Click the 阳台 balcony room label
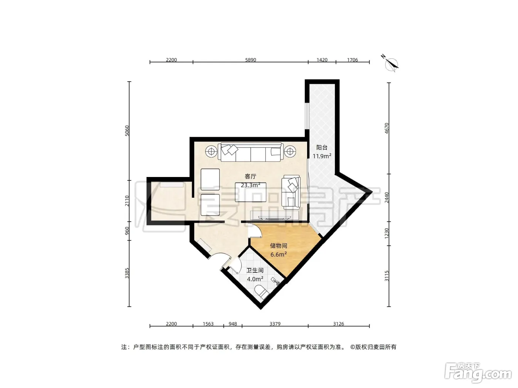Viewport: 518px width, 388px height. tap(322, 148)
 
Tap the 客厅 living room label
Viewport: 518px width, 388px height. tap(250, 177)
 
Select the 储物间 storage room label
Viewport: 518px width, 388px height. tap(279, 246)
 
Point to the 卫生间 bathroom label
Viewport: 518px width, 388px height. tap(255, 270)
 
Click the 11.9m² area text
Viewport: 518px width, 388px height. tap(322, 156)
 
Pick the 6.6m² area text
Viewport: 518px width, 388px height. tap(279, 255)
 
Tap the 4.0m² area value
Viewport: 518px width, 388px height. tap(255, 279)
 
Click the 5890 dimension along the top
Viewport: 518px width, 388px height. tap(250, 60)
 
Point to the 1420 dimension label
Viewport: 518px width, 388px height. tap(322, 60)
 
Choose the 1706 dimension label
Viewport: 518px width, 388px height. tap(352, 60)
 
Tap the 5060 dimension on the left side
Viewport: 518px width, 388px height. tap(127, 130)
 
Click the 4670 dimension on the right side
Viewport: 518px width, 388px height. tap(386, 128)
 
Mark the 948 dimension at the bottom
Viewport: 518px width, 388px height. tap(233, 324)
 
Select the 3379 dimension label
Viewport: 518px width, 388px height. tap(275, 324)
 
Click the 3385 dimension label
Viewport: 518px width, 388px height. tap(127, 273)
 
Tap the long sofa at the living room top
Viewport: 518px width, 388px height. tap(250, 152)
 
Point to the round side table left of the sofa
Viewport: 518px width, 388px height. tap(211, 151)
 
